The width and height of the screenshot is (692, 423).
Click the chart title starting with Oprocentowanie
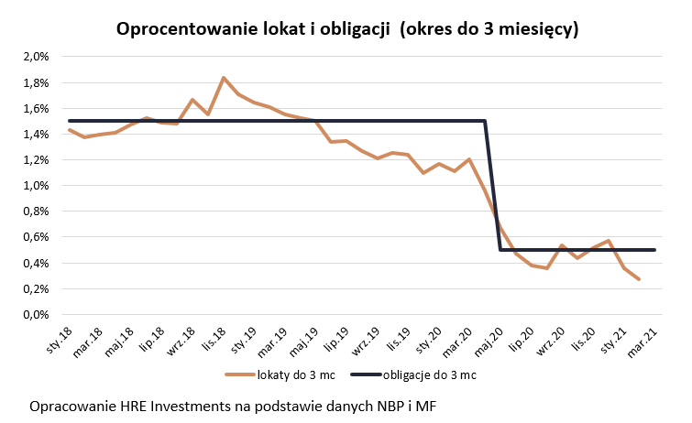[346, 28]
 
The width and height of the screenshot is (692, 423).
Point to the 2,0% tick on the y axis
[35, 57]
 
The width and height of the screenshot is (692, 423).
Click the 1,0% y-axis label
[35, 186]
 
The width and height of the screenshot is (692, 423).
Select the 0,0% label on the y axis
[35, 315]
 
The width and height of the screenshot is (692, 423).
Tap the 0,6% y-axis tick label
[35, 237]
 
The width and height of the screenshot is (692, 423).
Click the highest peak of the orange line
[223, 78]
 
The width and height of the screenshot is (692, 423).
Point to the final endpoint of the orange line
[639, 279]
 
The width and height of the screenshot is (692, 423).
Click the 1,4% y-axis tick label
[35, 135]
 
